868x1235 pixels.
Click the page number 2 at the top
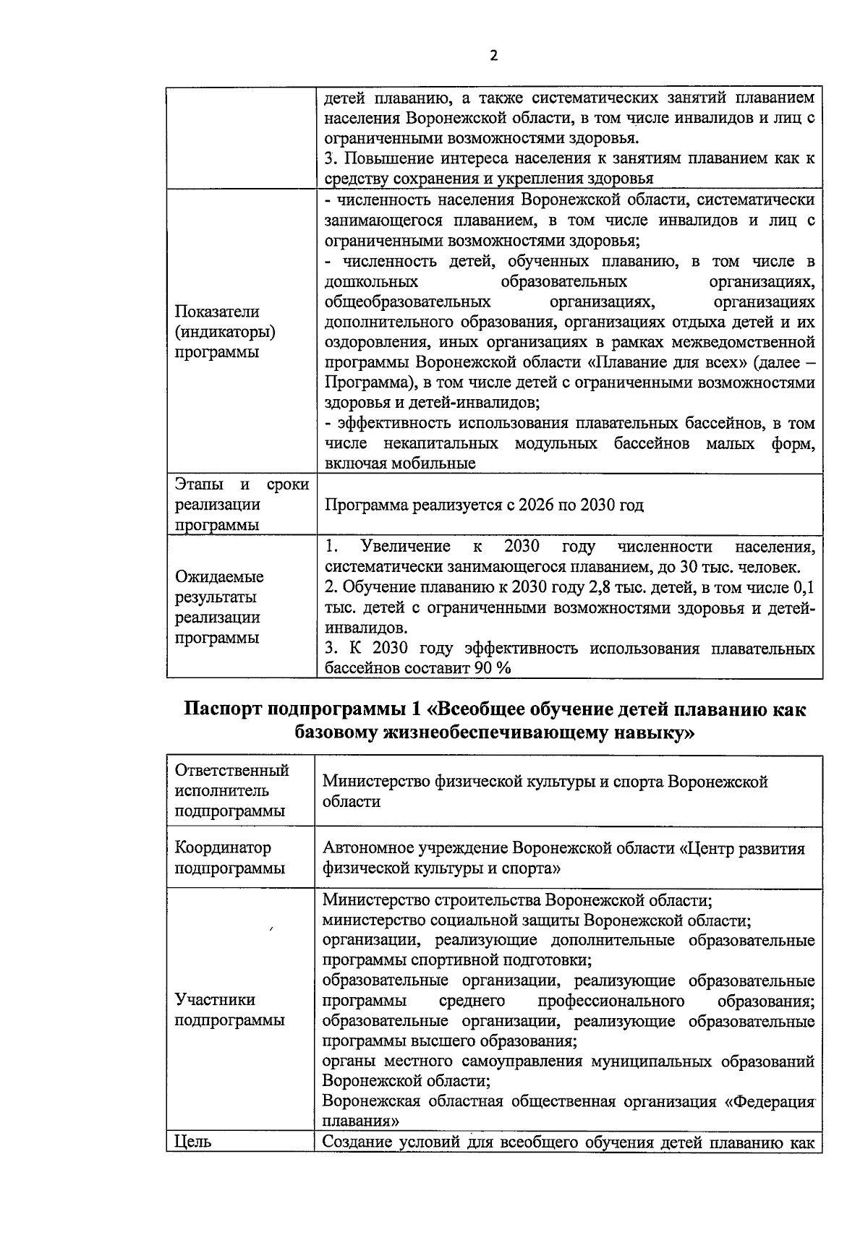tap(494, 56)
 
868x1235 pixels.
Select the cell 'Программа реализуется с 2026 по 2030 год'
tap(484, 505)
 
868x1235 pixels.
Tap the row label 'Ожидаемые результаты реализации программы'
tap(219, 607)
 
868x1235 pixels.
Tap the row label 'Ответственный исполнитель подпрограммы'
tap(231, 791)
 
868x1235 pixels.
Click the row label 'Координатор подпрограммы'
tap(229, 858)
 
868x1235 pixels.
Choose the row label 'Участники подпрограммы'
tap(229, 1010)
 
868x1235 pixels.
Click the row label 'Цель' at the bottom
tap(193, 1142)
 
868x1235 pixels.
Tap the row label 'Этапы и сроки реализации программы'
tap(242, 505)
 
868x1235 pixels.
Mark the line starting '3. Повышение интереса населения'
tap(569, 158)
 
